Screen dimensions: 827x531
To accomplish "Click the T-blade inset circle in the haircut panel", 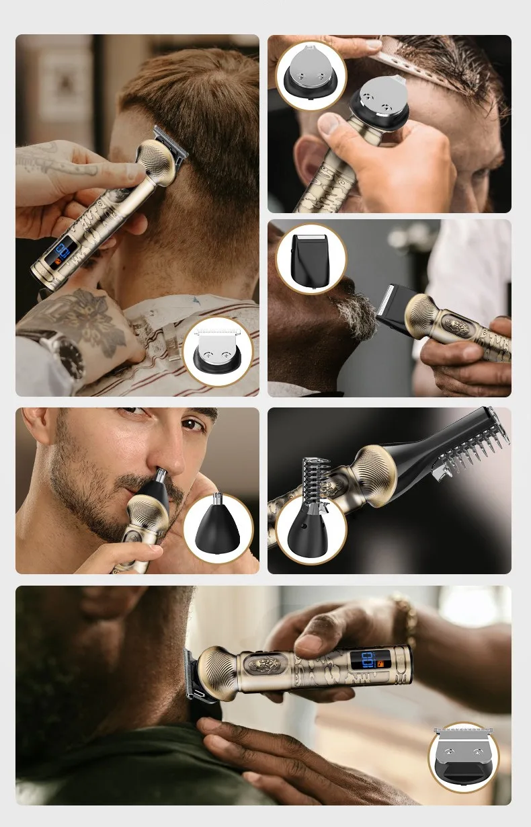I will point(217,350).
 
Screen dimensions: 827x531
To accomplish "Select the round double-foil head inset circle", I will point(311,75).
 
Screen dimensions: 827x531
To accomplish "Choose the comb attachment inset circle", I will point(311,529).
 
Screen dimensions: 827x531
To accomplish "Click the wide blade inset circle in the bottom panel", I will point(463,757).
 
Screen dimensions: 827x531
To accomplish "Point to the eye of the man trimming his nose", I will point(192,425).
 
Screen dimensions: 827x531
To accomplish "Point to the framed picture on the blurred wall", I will point(64,87).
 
